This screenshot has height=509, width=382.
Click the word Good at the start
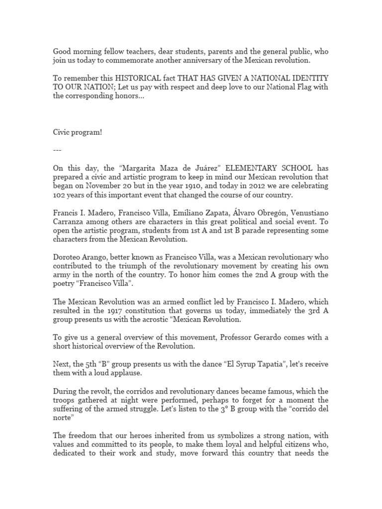[x=63, y=52]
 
